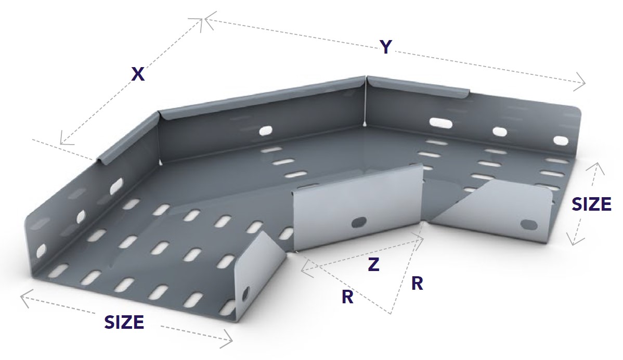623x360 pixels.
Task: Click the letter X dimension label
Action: tap(138, 74)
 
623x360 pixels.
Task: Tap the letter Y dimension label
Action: tap(385, 47)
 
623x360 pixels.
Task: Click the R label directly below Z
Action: tap(348, 297)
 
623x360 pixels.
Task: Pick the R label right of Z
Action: tap(417, 284)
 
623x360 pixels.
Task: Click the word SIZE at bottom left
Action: tap(124, 323)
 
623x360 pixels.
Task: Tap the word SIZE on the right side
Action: tap(591, 204)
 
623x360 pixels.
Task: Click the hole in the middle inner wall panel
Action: tap(358, 222)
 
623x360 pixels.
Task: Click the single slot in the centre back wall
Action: tap(265, 130)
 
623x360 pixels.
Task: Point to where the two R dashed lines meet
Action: tap(390, 314)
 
